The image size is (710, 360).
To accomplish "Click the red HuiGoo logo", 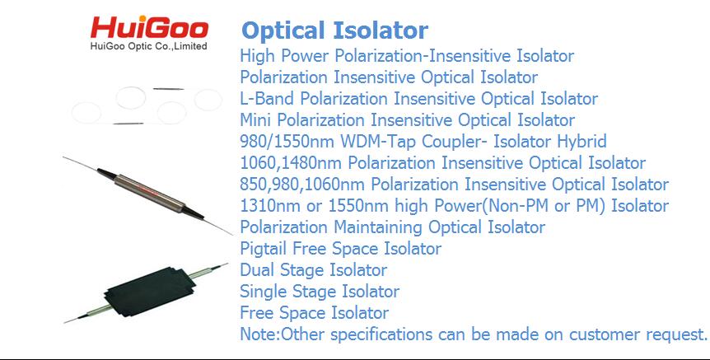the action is pyautogui.click(x=149, y=28).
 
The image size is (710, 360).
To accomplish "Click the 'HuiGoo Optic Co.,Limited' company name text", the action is pyautogui.click(x=148, y=46).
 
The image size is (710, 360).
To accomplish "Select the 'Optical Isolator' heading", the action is pyautogui.click(x=335, y=30).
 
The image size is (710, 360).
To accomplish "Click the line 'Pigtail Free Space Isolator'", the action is pyautogui.click(x=340, y=249).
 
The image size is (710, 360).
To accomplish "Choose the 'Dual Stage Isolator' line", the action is pyautogui.click(x=313, y=270).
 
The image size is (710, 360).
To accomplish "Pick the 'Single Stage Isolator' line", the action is pyautogui.click(x=320, y=291).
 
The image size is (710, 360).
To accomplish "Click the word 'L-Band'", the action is pyautogui.click(x=267, y=99).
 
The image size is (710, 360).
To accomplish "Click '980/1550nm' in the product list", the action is pyautogui.click(x=287, y=142).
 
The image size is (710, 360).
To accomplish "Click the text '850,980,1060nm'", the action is pyautogui.click(x=302, y=185).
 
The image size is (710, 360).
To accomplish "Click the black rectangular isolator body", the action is pyautogui.click(x=149, y=292).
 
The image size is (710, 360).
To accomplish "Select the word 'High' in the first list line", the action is pyautogui.click(x=257, y=56).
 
